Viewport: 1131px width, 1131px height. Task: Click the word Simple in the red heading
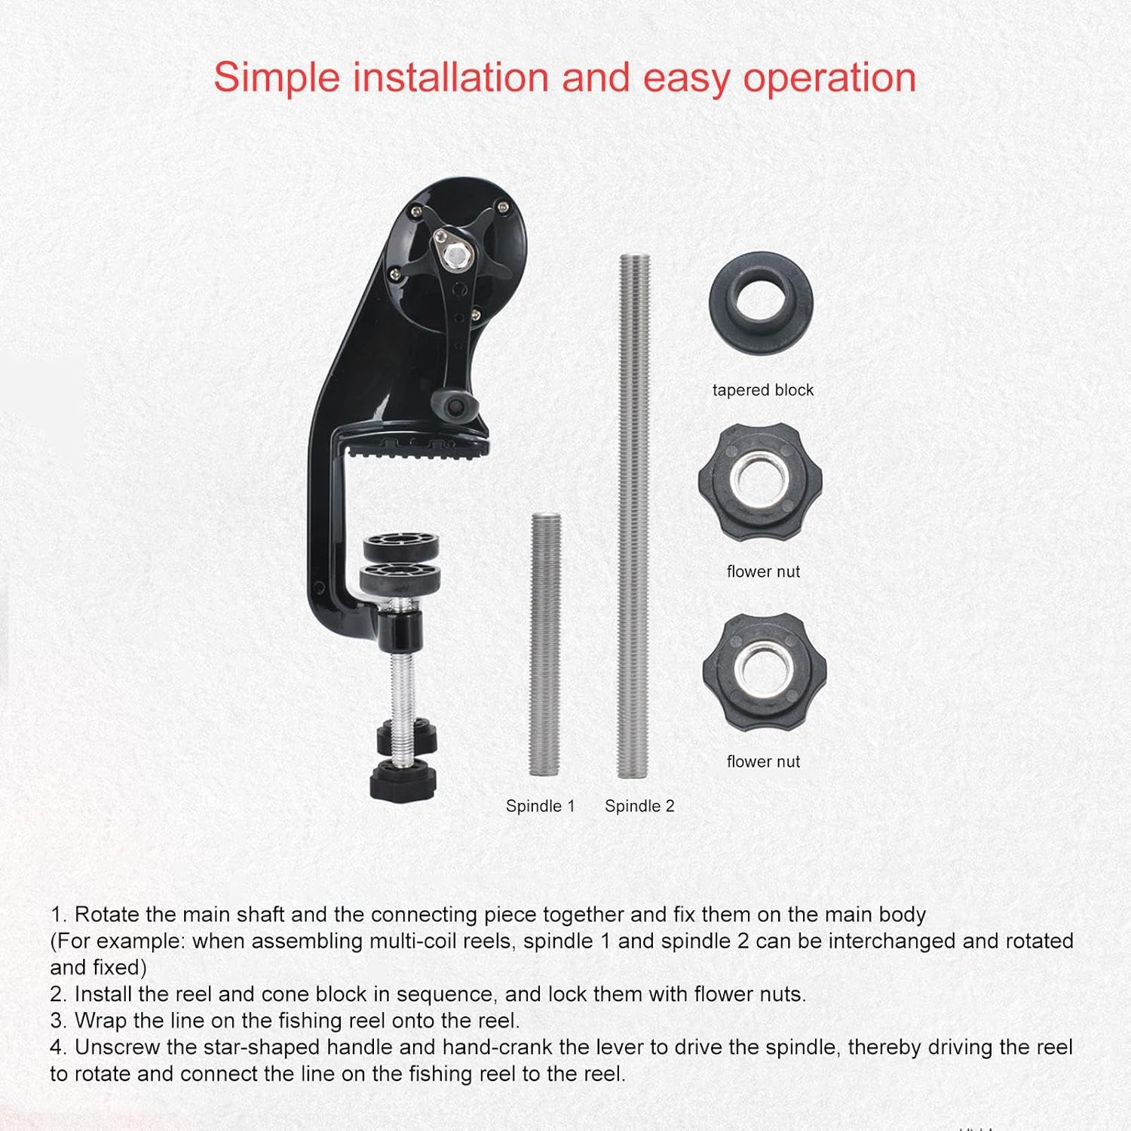pyautogui.click(x=275, y=78)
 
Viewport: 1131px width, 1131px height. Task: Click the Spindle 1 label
pyautogui.click(x=540, y=806)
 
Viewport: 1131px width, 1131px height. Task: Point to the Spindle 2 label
pyautogui.click(x=639, y=806)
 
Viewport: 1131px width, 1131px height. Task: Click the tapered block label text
pyautogui.click(x=763, y=390)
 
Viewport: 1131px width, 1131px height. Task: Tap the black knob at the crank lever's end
pyautogui.click(x=456, y=406)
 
